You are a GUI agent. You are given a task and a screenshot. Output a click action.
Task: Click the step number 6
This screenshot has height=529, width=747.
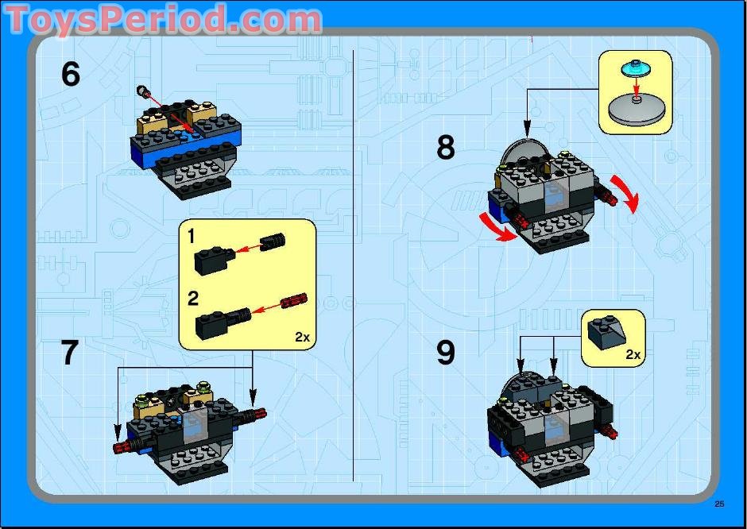[70, 75]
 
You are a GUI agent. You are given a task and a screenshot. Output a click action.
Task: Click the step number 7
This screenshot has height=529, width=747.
[70, 353]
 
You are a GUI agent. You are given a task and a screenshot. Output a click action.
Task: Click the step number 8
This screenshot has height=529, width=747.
[446, 148]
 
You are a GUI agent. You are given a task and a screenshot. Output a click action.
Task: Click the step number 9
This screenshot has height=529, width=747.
[446, 353]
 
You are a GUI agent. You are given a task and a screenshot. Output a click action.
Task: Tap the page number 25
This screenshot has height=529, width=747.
[718, 504]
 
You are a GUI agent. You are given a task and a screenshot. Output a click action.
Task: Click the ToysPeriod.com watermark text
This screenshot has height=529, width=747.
[163, 19]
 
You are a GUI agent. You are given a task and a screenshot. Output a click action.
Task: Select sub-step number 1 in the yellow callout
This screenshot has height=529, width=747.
[192, 236]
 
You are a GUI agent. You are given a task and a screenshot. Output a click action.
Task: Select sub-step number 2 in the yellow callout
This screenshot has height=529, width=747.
[192, 299]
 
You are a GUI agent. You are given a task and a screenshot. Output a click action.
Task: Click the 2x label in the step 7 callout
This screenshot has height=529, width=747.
[302, 337]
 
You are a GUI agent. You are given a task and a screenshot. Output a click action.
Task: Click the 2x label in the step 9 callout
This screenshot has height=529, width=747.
[633, 354]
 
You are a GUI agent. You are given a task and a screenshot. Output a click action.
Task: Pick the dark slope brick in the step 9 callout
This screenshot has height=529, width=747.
[606, 332]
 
